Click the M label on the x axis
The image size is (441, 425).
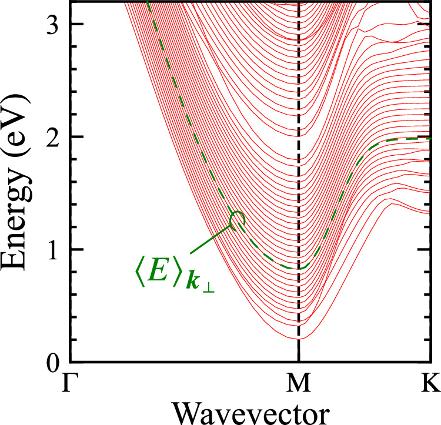pyautogui.click(x=299, y=384)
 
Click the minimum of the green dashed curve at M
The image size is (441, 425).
pyautogui.click(x=298, y=269)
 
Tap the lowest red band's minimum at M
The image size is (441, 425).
pyautogui.click(x=299, y=339)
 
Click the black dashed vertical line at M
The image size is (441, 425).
pyautogui.click(x=299, y=176)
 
